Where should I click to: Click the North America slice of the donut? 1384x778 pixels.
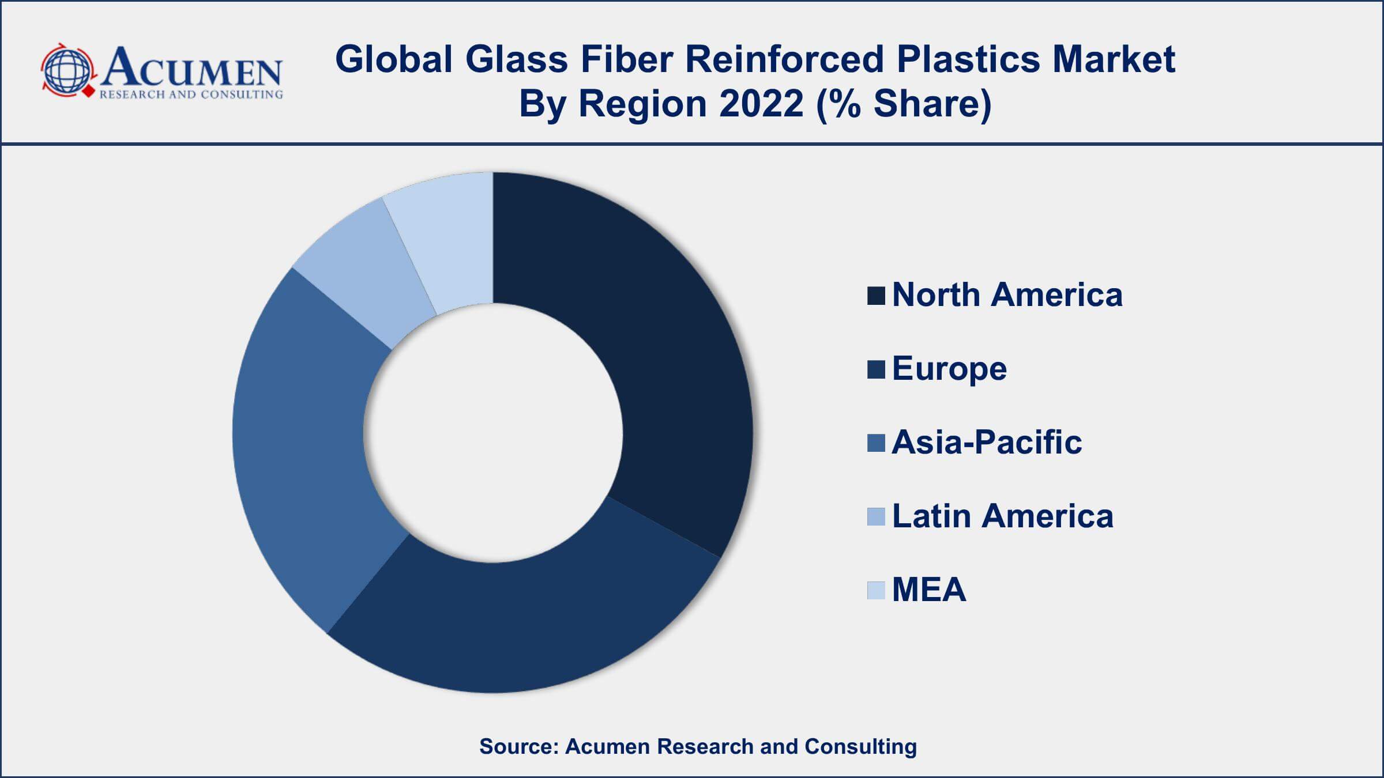(x=663, y=357)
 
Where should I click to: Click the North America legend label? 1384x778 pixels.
(x=1007, y=295)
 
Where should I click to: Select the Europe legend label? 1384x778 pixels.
(x=949, y=369)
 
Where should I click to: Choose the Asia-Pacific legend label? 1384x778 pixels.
(x=987, y=443)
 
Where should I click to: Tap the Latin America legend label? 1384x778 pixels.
(x=1003, y=516)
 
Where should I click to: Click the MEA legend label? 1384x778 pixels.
(x=929, y=590)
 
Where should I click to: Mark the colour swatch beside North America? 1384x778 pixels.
(x=876, y=296)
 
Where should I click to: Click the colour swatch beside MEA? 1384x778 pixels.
(x=876, y=591)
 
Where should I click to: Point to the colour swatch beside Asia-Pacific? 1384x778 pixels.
(x=876, y=443)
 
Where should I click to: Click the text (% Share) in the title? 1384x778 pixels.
(x=904, y=104)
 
